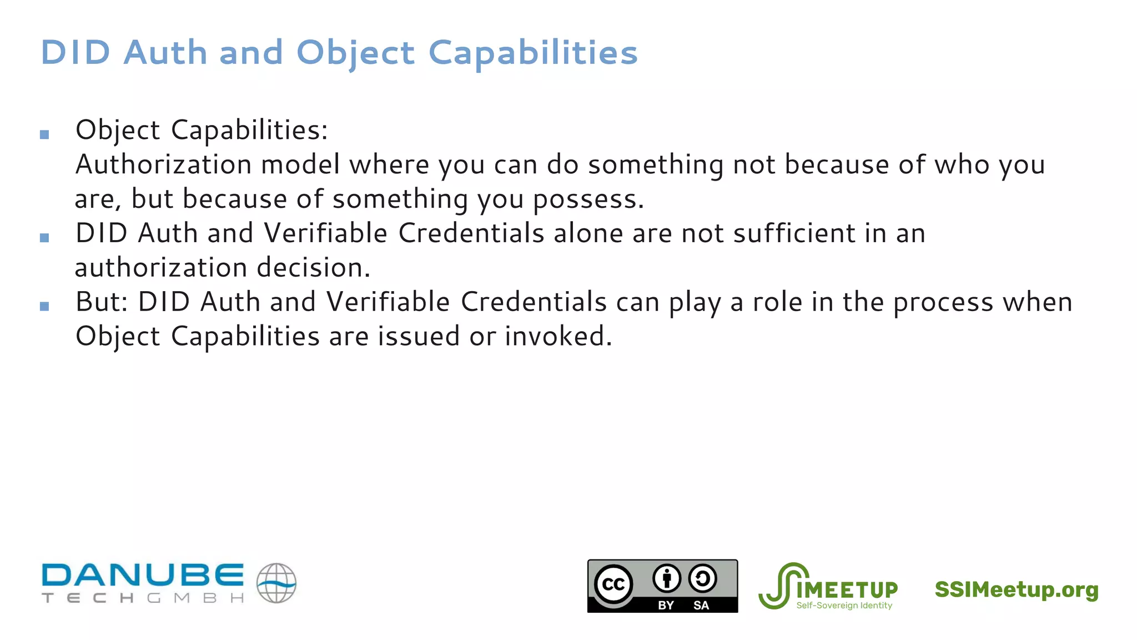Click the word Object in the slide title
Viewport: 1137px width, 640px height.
pyautogui.click(x=355, y=53)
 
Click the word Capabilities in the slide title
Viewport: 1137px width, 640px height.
pyautogui.click(x=533, y=53)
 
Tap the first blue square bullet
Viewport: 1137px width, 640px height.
pyautogui.click(x=45, y=134)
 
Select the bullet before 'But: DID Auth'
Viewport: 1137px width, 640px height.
pyautogui.click(x=45, y=306)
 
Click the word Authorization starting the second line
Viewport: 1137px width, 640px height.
pyautogui.click(x=163, y=165)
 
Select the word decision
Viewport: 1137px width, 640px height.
pyautogui.click(x=313, y=268)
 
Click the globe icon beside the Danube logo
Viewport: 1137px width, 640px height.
pyautogui.click(x=276, y=583)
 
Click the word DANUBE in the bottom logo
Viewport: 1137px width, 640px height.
pyautogui.click(x=143, y=575)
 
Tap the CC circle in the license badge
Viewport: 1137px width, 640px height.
pyautogui.click(x=613, y=584)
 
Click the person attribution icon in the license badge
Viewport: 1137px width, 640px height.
pyautogui.click(x=666, y=579)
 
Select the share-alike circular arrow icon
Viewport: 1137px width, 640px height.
pyautogui.click(x=702, y=579)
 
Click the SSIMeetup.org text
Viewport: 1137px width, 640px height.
pyautogui.click(x=1016, y=589)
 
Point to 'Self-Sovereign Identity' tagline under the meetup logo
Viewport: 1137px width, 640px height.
pyautogui.click(x=844, y=606)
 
